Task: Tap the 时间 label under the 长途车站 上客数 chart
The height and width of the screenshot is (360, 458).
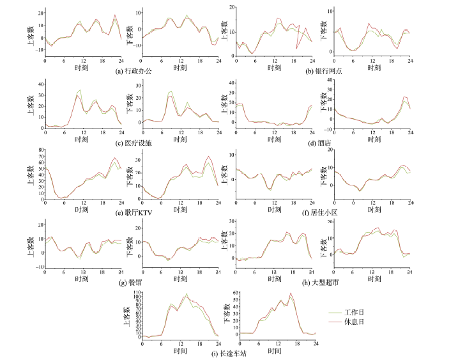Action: click(180, 351)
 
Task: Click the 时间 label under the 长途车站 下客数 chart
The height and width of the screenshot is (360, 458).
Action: click(276, 351)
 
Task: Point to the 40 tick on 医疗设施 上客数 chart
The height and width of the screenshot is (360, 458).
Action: click(40, 84)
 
